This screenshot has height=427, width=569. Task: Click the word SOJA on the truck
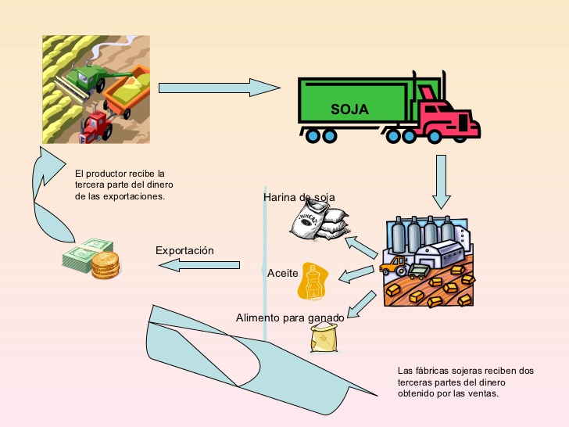click(349, 109)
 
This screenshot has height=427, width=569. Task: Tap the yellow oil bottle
click(312, 282)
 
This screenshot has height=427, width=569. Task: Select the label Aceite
click(282, 274)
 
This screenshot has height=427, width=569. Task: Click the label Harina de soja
click(299, 197)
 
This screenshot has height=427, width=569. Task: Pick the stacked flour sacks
click(317, 223)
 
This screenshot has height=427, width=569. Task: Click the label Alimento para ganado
click(289, 318)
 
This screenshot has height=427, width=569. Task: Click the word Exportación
click(184, 250)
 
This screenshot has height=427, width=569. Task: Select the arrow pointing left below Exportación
click(199, 266)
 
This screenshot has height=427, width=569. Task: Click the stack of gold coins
click(104, 265)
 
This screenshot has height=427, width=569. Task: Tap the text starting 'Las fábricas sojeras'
click(465, 382)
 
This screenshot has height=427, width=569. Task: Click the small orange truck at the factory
click(393, 265)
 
